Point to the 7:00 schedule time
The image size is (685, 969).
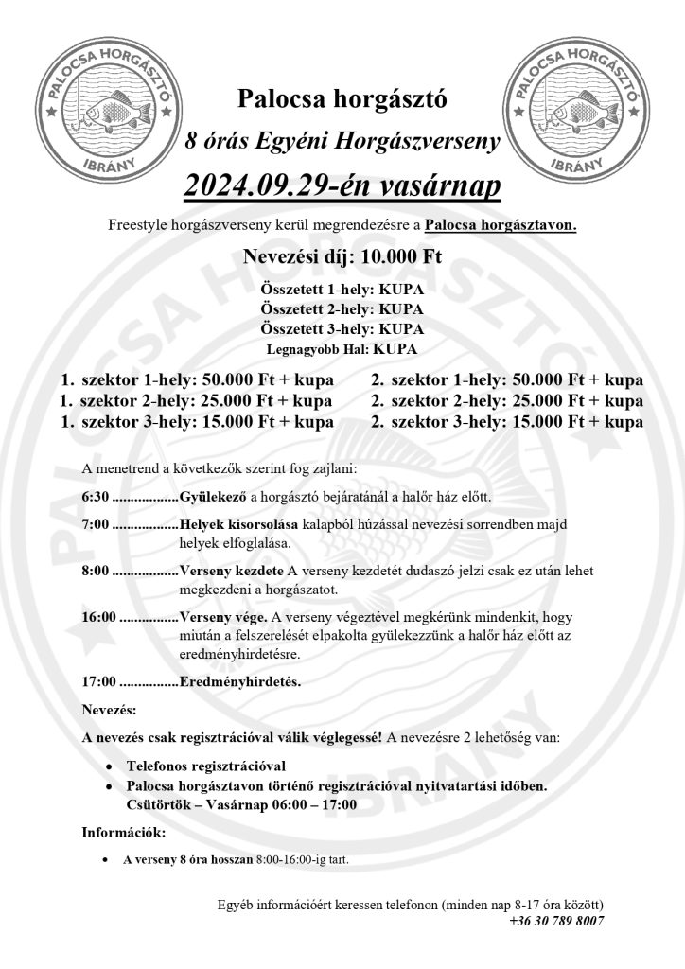[x=97, y=524]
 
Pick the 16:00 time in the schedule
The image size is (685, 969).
[x=100, y=616]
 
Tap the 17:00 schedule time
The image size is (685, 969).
[x=100, y=681]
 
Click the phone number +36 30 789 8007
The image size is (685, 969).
[x=556, y=920]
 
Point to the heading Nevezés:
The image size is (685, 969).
[x=109, y=709]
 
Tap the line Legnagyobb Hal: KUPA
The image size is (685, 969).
[x=342, y=349]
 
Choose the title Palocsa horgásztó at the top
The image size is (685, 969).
[x=342, y=97]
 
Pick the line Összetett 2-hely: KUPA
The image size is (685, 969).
[x=342, y=308]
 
